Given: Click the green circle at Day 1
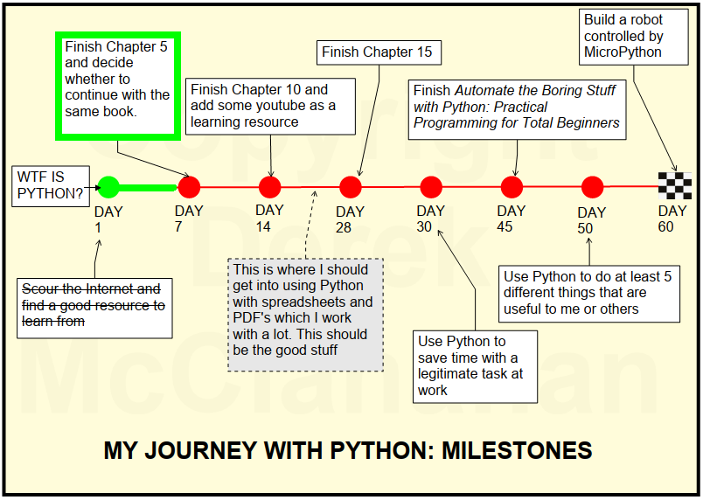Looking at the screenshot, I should [x=108, y=186].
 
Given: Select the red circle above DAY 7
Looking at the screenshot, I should [x=189, y=186].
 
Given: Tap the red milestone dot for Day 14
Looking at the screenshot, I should [x=270, y=186].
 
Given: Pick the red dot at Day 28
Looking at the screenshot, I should [x=351, y=186].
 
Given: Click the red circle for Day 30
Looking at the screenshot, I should [x=431, y=186].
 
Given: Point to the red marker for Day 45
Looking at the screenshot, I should [x=512, y=186].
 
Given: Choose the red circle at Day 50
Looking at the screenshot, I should [x=593, y=186].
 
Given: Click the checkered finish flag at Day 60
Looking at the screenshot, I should [x=675, y=185].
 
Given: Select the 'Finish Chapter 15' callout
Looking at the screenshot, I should [x=377, y=52].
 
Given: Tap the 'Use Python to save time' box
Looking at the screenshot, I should [x=475, y=365].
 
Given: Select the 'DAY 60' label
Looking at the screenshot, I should [x=672, y=219].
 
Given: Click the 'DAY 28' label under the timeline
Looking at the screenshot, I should [x=351, y=219].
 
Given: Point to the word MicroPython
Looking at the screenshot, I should [x=623, y=52].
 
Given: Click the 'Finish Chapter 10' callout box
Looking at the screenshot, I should [x=271, y=106].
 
